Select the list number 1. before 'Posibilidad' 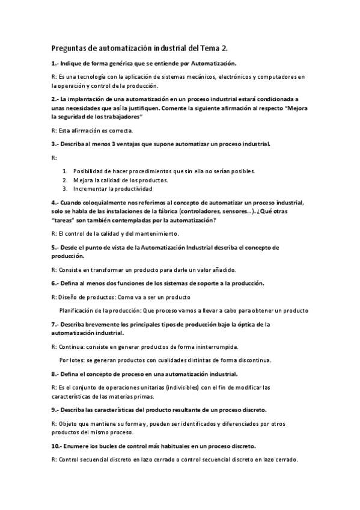[x=65, y=171]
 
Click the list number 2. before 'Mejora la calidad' [x=65, y=180]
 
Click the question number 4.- [x=55, y=203]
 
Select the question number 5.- [x=55, y=247]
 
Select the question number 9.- [x=55, y=410]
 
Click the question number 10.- [x=56, y=446]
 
